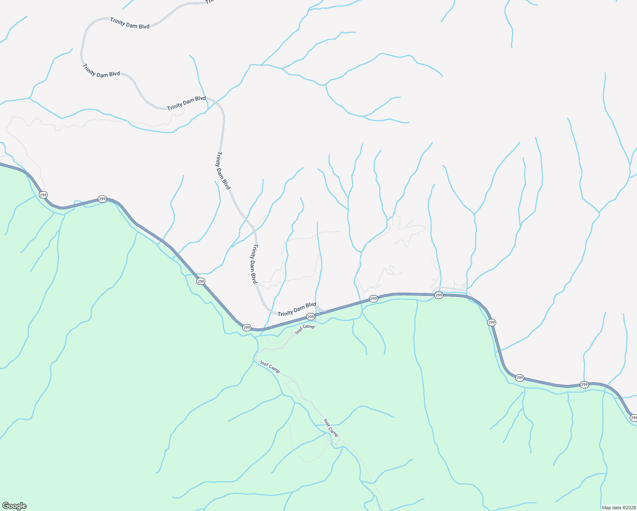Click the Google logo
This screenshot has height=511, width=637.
point(14,506)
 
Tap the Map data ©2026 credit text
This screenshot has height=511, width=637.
point(618,508)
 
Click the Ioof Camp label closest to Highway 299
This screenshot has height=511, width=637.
point(305,329)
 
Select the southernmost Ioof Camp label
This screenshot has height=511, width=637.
point(331,428)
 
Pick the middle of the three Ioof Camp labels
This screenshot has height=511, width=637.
point(270,367)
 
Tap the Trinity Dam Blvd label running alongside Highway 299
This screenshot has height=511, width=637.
point(297,309)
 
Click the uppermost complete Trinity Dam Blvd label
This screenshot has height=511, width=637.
point(130,23)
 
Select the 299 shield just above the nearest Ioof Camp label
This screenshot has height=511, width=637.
point(311,317)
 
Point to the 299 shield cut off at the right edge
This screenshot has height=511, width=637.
point(633,418)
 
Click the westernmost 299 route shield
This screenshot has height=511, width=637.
point(43,195)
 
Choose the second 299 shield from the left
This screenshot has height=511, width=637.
point(102,199)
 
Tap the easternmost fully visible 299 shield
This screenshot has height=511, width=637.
point(584,385)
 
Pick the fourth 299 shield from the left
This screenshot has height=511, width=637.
point(247,327)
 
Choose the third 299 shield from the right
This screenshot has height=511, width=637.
point(519,378)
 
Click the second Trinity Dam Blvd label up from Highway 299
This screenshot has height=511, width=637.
point(254,264)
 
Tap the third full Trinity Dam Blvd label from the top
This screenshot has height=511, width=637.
point(187,103)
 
